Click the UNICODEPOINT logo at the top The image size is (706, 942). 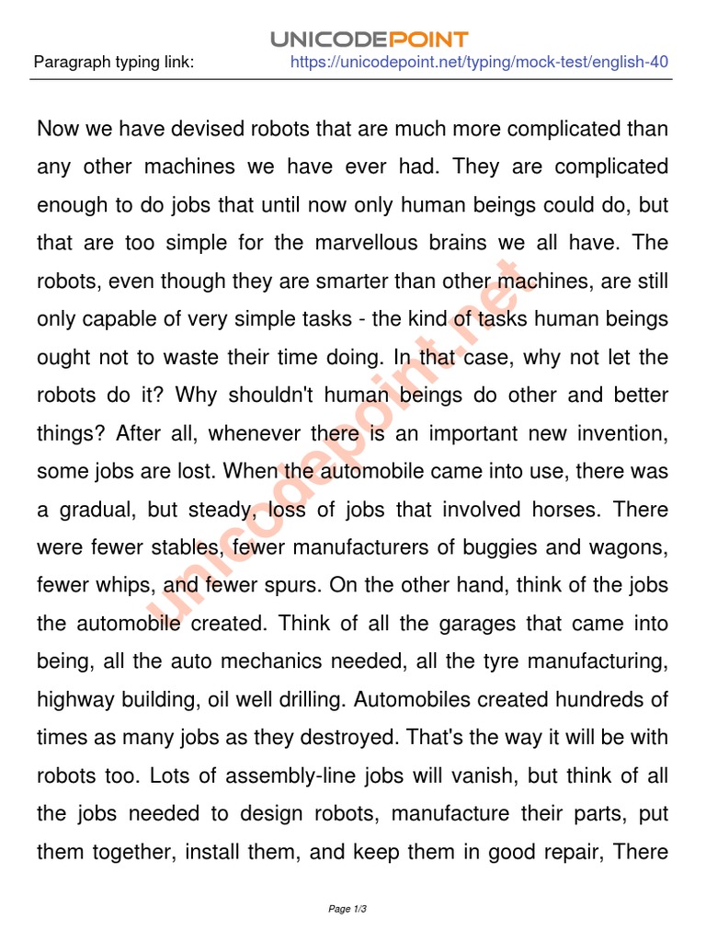point(370,39)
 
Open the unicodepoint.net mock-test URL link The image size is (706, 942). point(479,63)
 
